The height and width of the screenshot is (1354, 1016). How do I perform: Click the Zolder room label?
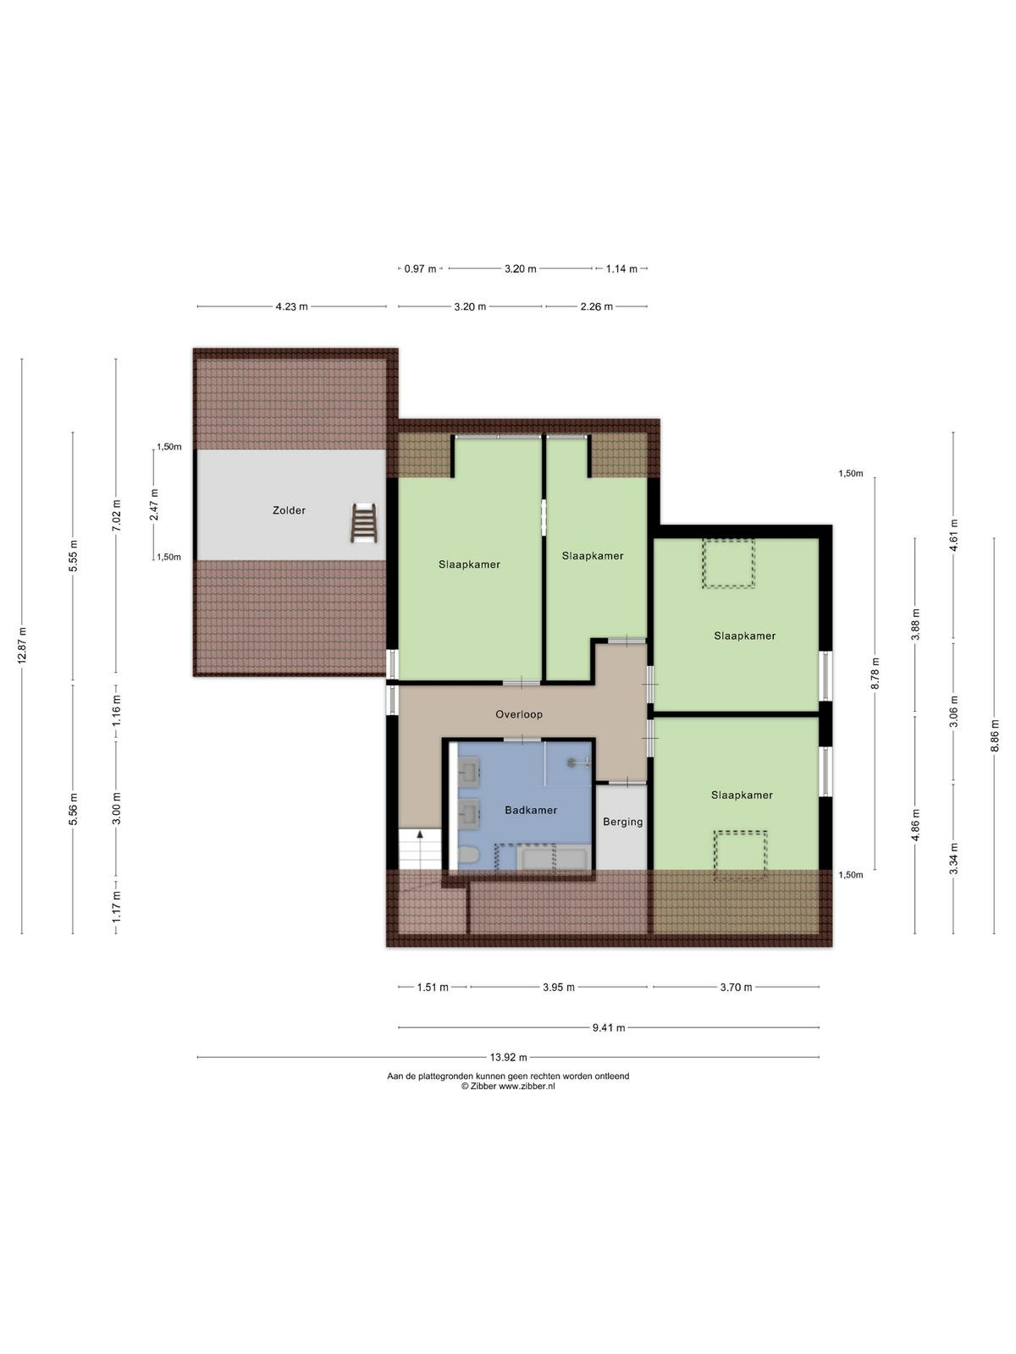(289, 510)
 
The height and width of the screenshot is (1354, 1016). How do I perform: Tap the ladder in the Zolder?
(364, 523)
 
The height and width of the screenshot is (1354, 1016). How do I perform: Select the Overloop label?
(519, 714)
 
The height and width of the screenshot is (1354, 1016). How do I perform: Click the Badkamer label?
(531, 810)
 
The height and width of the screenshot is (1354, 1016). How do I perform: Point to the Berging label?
(622, 822)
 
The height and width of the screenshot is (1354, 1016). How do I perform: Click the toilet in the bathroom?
(468, 856)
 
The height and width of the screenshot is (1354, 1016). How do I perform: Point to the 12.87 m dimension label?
(22, 645)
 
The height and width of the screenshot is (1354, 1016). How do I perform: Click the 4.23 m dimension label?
(291, 306)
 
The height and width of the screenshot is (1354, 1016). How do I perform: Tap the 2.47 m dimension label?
(154, 504)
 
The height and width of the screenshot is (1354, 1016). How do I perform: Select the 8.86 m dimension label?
(994, 735)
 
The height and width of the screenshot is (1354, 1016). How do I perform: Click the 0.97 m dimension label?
(420, 269)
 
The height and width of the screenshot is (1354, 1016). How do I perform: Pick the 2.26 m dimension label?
(596, 306)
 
